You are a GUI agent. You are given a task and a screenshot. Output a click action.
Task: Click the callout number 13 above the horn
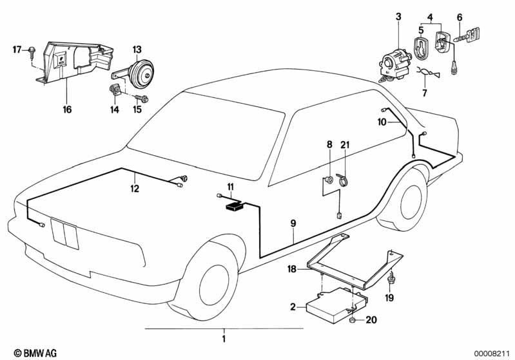pos(137,50)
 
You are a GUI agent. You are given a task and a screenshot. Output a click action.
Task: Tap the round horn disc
pos(141,75)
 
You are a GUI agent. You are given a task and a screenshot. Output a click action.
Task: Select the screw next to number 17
pos(32,52)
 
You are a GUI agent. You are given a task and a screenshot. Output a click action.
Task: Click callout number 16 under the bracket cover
pos(67,109)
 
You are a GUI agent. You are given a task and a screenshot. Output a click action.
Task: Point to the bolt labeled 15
pos(142,98)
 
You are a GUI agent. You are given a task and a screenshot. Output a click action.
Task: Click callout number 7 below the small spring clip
pos(424,93)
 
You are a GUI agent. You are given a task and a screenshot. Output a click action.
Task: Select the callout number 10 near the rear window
pos(382,122)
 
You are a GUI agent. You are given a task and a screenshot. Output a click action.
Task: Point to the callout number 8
pos(329,144)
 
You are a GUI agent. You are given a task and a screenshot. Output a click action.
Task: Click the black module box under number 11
pos(235,207)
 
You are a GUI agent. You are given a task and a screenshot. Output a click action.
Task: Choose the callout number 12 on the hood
pos(135,189)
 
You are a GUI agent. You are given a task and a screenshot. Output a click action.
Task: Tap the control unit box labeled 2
pos(336,304)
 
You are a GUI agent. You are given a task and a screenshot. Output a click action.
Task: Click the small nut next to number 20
pos(352,320)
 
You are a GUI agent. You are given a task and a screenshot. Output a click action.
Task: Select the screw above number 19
pos(391,278)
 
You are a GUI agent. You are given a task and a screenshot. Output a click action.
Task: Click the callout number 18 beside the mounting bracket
pos(292,269)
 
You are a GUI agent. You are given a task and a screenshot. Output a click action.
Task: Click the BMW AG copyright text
pos(35,353)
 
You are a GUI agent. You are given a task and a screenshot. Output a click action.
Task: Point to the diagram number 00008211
pos(491,353)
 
